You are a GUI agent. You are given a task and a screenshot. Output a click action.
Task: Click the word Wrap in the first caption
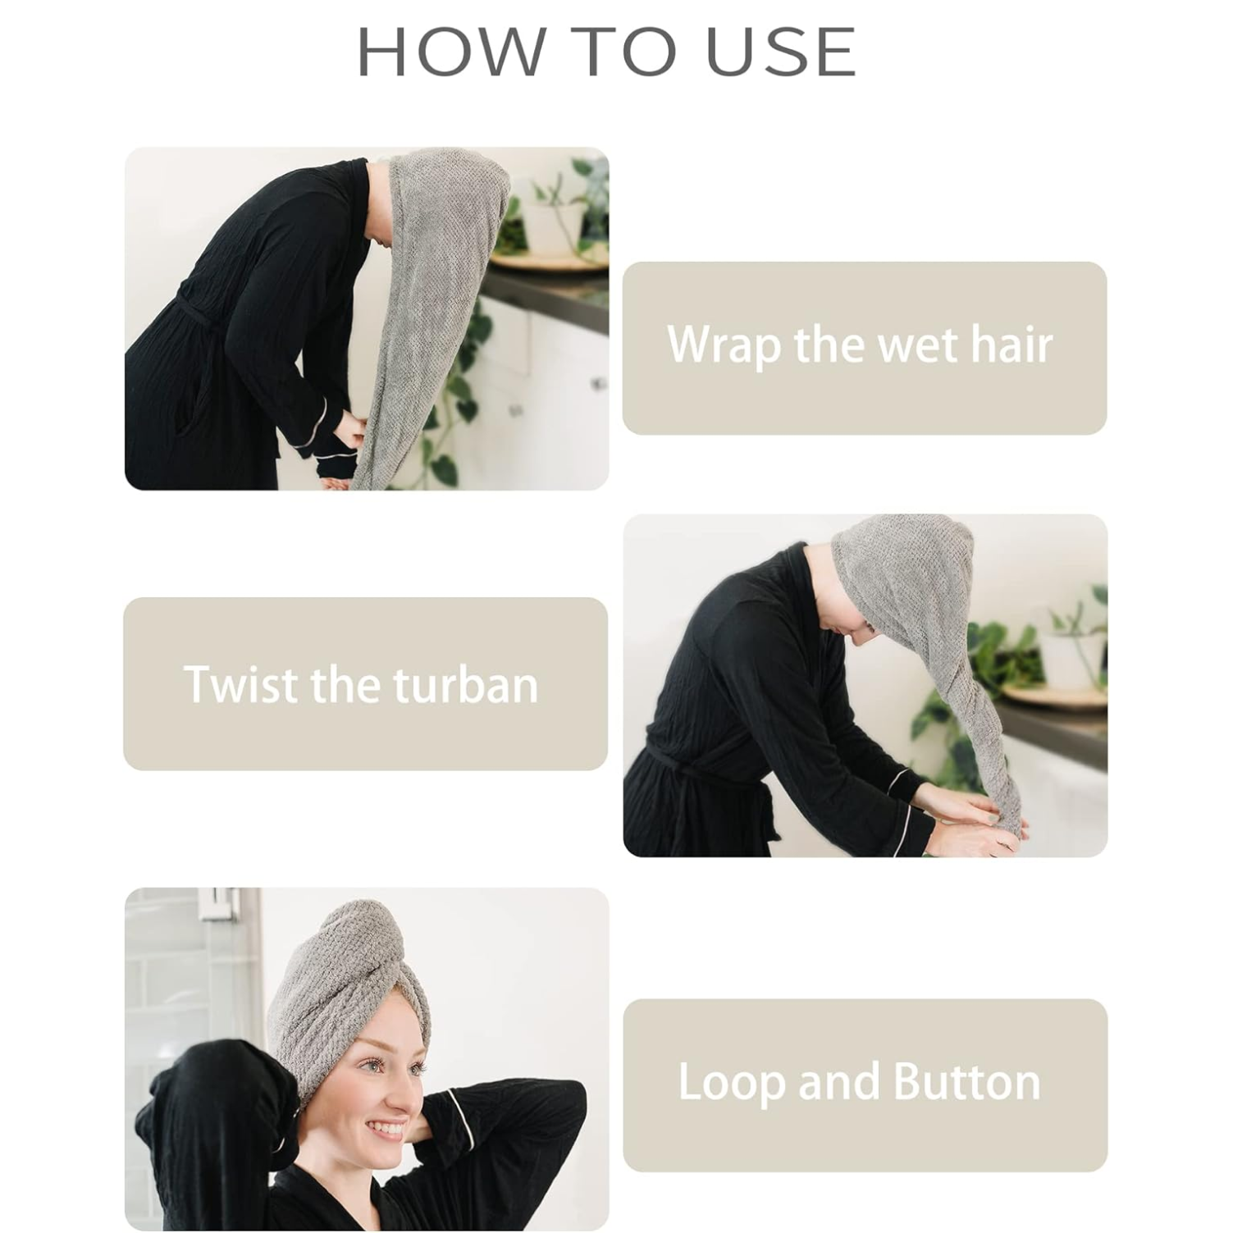click(723, 345)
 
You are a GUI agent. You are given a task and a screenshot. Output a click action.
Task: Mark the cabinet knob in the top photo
click(600, 384)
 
